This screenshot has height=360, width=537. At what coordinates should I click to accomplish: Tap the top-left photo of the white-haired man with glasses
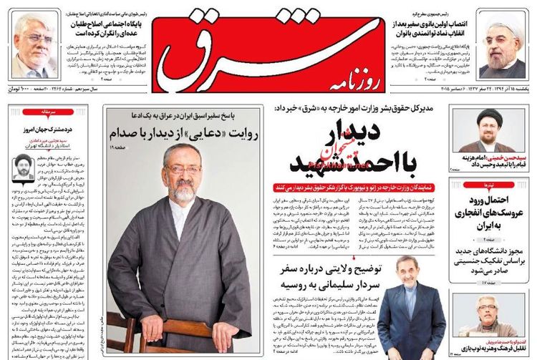[x=34, y=47]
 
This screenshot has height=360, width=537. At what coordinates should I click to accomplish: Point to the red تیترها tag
[x=495, y=183]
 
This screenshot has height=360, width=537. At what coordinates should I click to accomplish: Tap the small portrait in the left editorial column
[x=24, y=166]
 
